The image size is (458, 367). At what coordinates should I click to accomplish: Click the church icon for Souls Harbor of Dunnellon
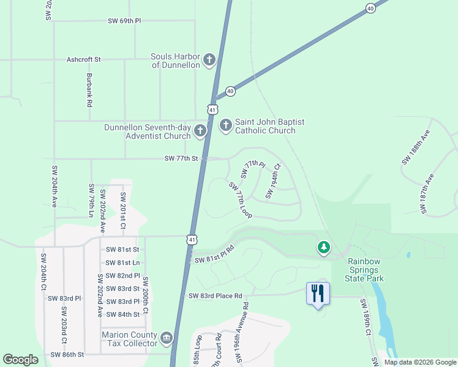(x=209, y=60)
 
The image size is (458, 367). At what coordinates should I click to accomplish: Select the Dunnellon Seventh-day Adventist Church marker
(x=200, y=131)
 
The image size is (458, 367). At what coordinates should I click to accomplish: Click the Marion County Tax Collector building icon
(x=167, y=338)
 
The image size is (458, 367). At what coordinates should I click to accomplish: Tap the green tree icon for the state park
(x=323, y=248)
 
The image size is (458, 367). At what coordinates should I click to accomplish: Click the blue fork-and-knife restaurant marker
(x=318, y=293)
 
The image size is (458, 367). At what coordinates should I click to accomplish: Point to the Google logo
(x=20, y=360)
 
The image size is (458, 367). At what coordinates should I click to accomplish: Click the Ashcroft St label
(x=84, y=60)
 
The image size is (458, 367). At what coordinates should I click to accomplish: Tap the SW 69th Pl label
(x=124, y=21)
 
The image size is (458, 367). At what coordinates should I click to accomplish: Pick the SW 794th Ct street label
(x=272, y=180)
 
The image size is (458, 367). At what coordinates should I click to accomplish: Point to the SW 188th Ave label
(x=416, y=147)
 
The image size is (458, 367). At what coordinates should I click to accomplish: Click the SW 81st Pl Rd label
(x=215, y=255)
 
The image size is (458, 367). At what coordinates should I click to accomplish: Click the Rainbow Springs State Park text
(x=366, y=270)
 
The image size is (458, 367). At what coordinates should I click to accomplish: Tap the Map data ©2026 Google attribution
(x=420, y=362)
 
